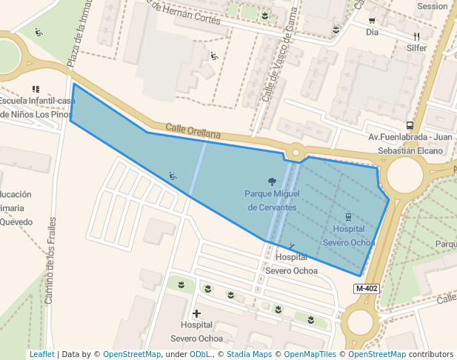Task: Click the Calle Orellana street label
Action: click(193, 130)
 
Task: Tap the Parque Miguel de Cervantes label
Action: click(272, 200)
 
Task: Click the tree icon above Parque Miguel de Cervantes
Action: click(272, 181)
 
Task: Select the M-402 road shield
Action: click(367, 288)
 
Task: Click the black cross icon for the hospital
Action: click(196, 313)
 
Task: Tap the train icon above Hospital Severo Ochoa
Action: click(348, 218)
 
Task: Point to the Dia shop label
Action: click(372, 33)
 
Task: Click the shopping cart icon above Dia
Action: click(372, 21)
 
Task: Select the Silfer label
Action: click(416, 48)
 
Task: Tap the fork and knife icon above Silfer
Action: click(416, 36)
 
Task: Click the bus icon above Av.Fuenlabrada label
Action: click(410, 125)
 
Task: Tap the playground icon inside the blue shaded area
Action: click(173, 176)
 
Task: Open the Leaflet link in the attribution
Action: click(41, 355)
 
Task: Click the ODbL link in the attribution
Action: click(200, 355)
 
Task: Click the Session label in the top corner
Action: click(433, 7)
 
